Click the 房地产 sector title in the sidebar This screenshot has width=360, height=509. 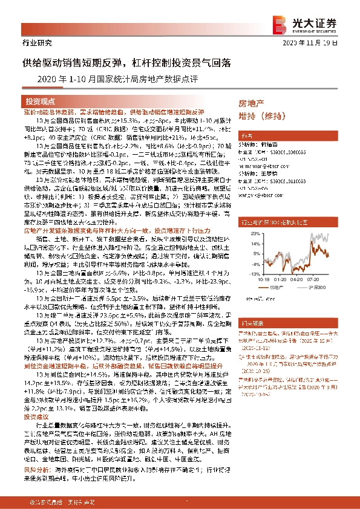[x=252, y=103]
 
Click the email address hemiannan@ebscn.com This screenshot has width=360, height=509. [x=265, y=160]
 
